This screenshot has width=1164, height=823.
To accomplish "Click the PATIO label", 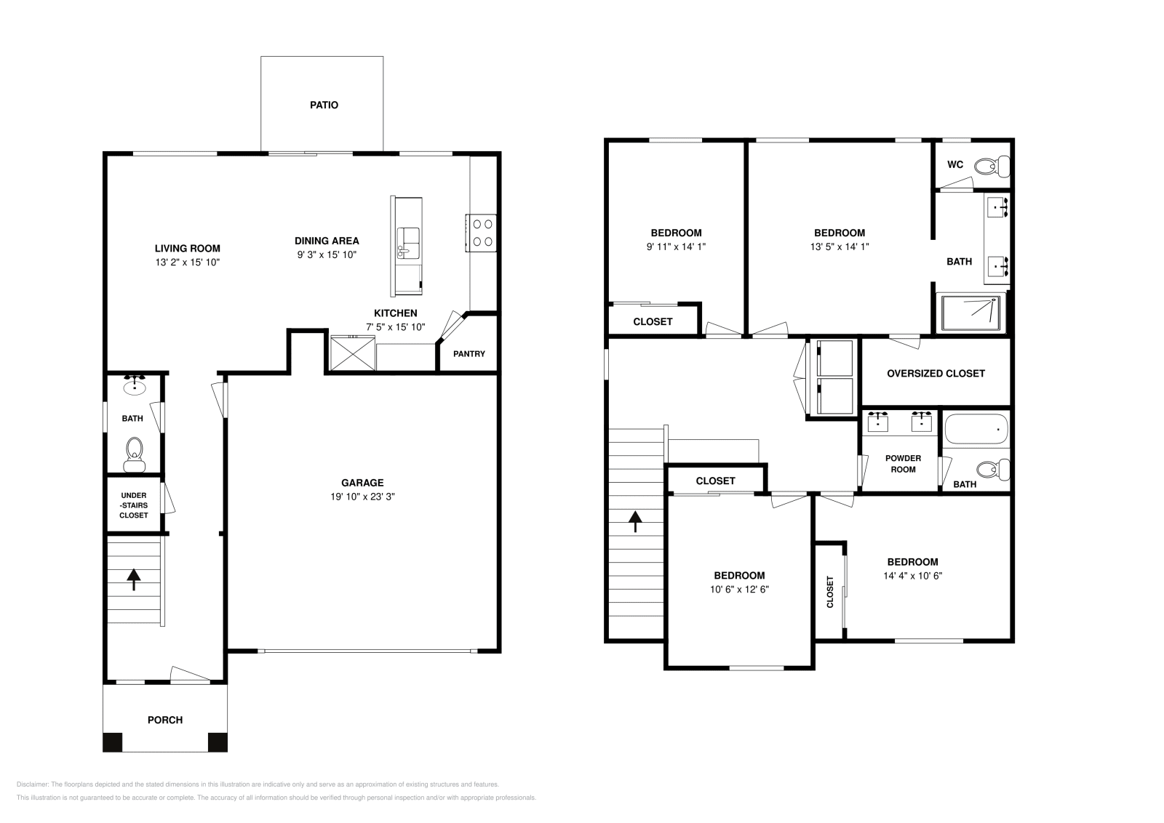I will coord(324,105).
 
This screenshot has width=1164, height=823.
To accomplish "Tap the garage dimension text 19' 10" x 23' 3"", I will coord(362,497).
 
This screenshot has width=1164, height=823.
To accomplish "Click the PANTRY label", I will coord(469,354).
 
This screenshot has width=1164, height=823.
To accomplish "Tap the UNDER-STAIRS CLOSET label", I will coord(134,505).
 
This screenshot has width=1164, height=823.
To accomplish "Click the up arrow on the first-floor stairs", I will coord(134,579).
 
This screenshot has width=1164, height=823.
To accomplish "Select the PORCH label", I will coord(165,720).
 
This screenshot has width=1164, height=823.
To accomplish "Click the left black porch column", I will coord(113,742).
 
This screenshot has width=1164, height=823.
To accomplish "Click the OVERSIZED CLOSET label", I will coord(936,373).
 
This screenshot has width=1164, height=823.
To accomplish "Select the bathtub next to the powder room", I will coord(976,430).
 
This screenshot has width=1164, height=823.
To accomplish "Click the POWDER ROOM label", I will coord(903,464).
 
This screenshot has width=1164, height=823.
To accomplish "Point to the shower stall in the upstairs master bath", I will coord(970,313).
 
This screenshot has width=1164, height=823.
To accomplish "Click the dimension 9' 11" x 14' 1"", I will coord(676,246).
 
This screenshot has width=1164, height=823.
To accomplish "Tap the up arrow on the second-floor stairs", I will coord(636,521).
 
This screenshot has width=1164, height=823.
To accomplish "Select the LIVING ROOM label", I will coord(187,248).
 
